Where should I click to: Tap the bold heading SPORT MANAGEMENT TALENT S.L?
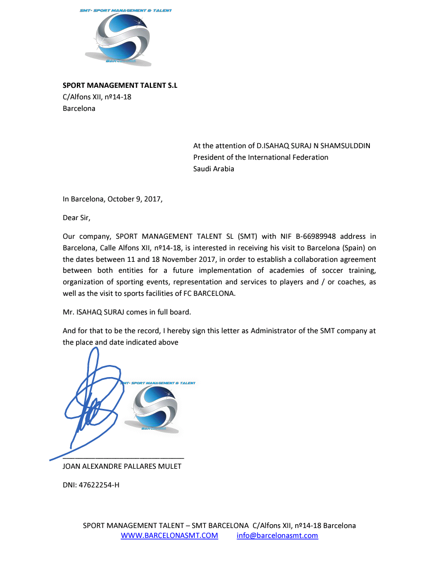click(x=120, y=86)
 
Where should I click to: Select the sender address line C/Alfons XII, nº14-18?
click(x=97, y=97)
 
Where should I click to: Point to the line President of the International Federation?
click(x=261, y=158)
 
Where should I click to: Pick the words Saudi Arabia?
click(x=213, y=169)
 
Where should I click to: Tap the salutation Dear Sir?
click(x=76, y=218)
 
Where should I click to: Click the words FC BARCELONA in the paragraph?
click(x=206, y=293)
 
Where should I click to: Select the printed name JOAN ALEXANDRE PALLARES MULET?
click(x=122, y=467)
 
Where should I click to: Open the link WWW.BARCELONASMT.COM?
click(x=169, y=536)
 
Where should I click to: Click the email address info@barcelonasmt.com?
click(x=277, y=536)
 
